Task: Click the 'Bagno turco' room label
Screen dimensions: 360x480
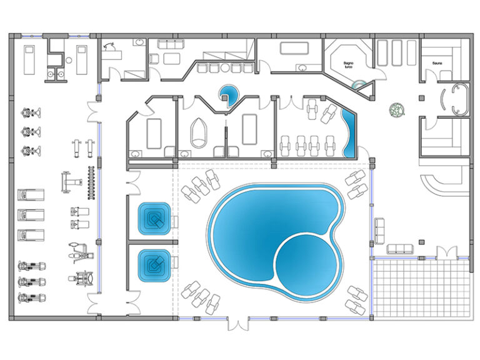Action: [349, 65]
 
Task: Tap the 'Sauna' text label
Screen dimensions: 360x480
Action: [437, 63]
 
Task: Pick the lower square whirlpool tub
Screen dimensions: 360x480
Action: [152, 264]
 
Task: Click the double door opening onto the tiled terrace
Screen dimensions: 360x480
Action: [446, 252]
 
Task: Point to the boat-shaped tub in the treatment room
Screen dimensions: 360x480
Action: [199, 132]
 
